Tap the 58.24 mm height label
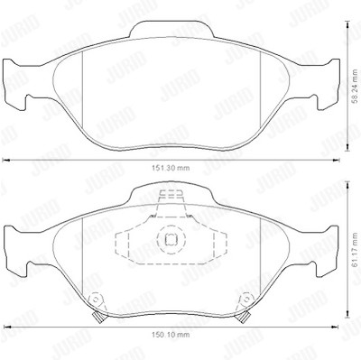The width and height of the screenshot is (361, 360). [x=356, y=87]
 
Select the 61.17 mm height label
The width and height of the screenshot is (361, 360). [x=356, y=250]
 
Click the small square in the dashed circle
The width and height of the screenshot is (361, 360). [x=171, y=239]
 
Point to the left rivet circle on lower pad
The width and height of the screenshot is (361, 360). [x=97, y=299]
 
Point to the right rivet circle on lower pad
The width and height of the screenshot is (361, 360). [x=246, y=299]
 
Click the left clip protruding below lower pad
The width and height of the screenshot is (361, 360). [x=97, y=317]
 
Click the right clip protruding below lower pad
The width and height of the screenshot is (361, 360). [x=244, y=317]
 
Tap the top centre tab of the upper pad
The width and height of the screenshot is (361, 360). [x=171, y=30]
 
